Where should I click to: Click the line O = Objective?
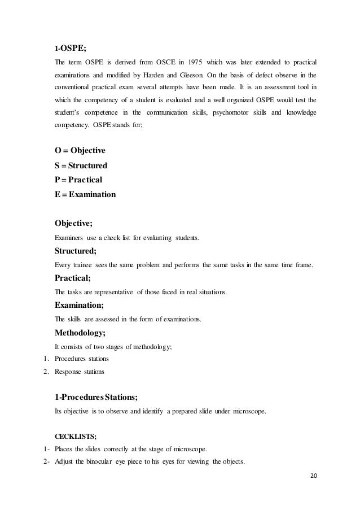coord(80,151)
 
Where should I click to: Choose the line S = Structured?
coord(81,166)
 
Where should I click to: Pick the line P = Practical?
coord(78,180)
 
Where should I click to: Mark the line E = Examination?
coord(85,195)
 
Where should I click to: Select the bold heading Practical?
coord(72,278)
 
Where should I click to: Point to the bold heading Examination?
coord(78,305)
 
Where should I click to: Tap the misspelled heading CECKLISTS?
coord(71,436)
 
